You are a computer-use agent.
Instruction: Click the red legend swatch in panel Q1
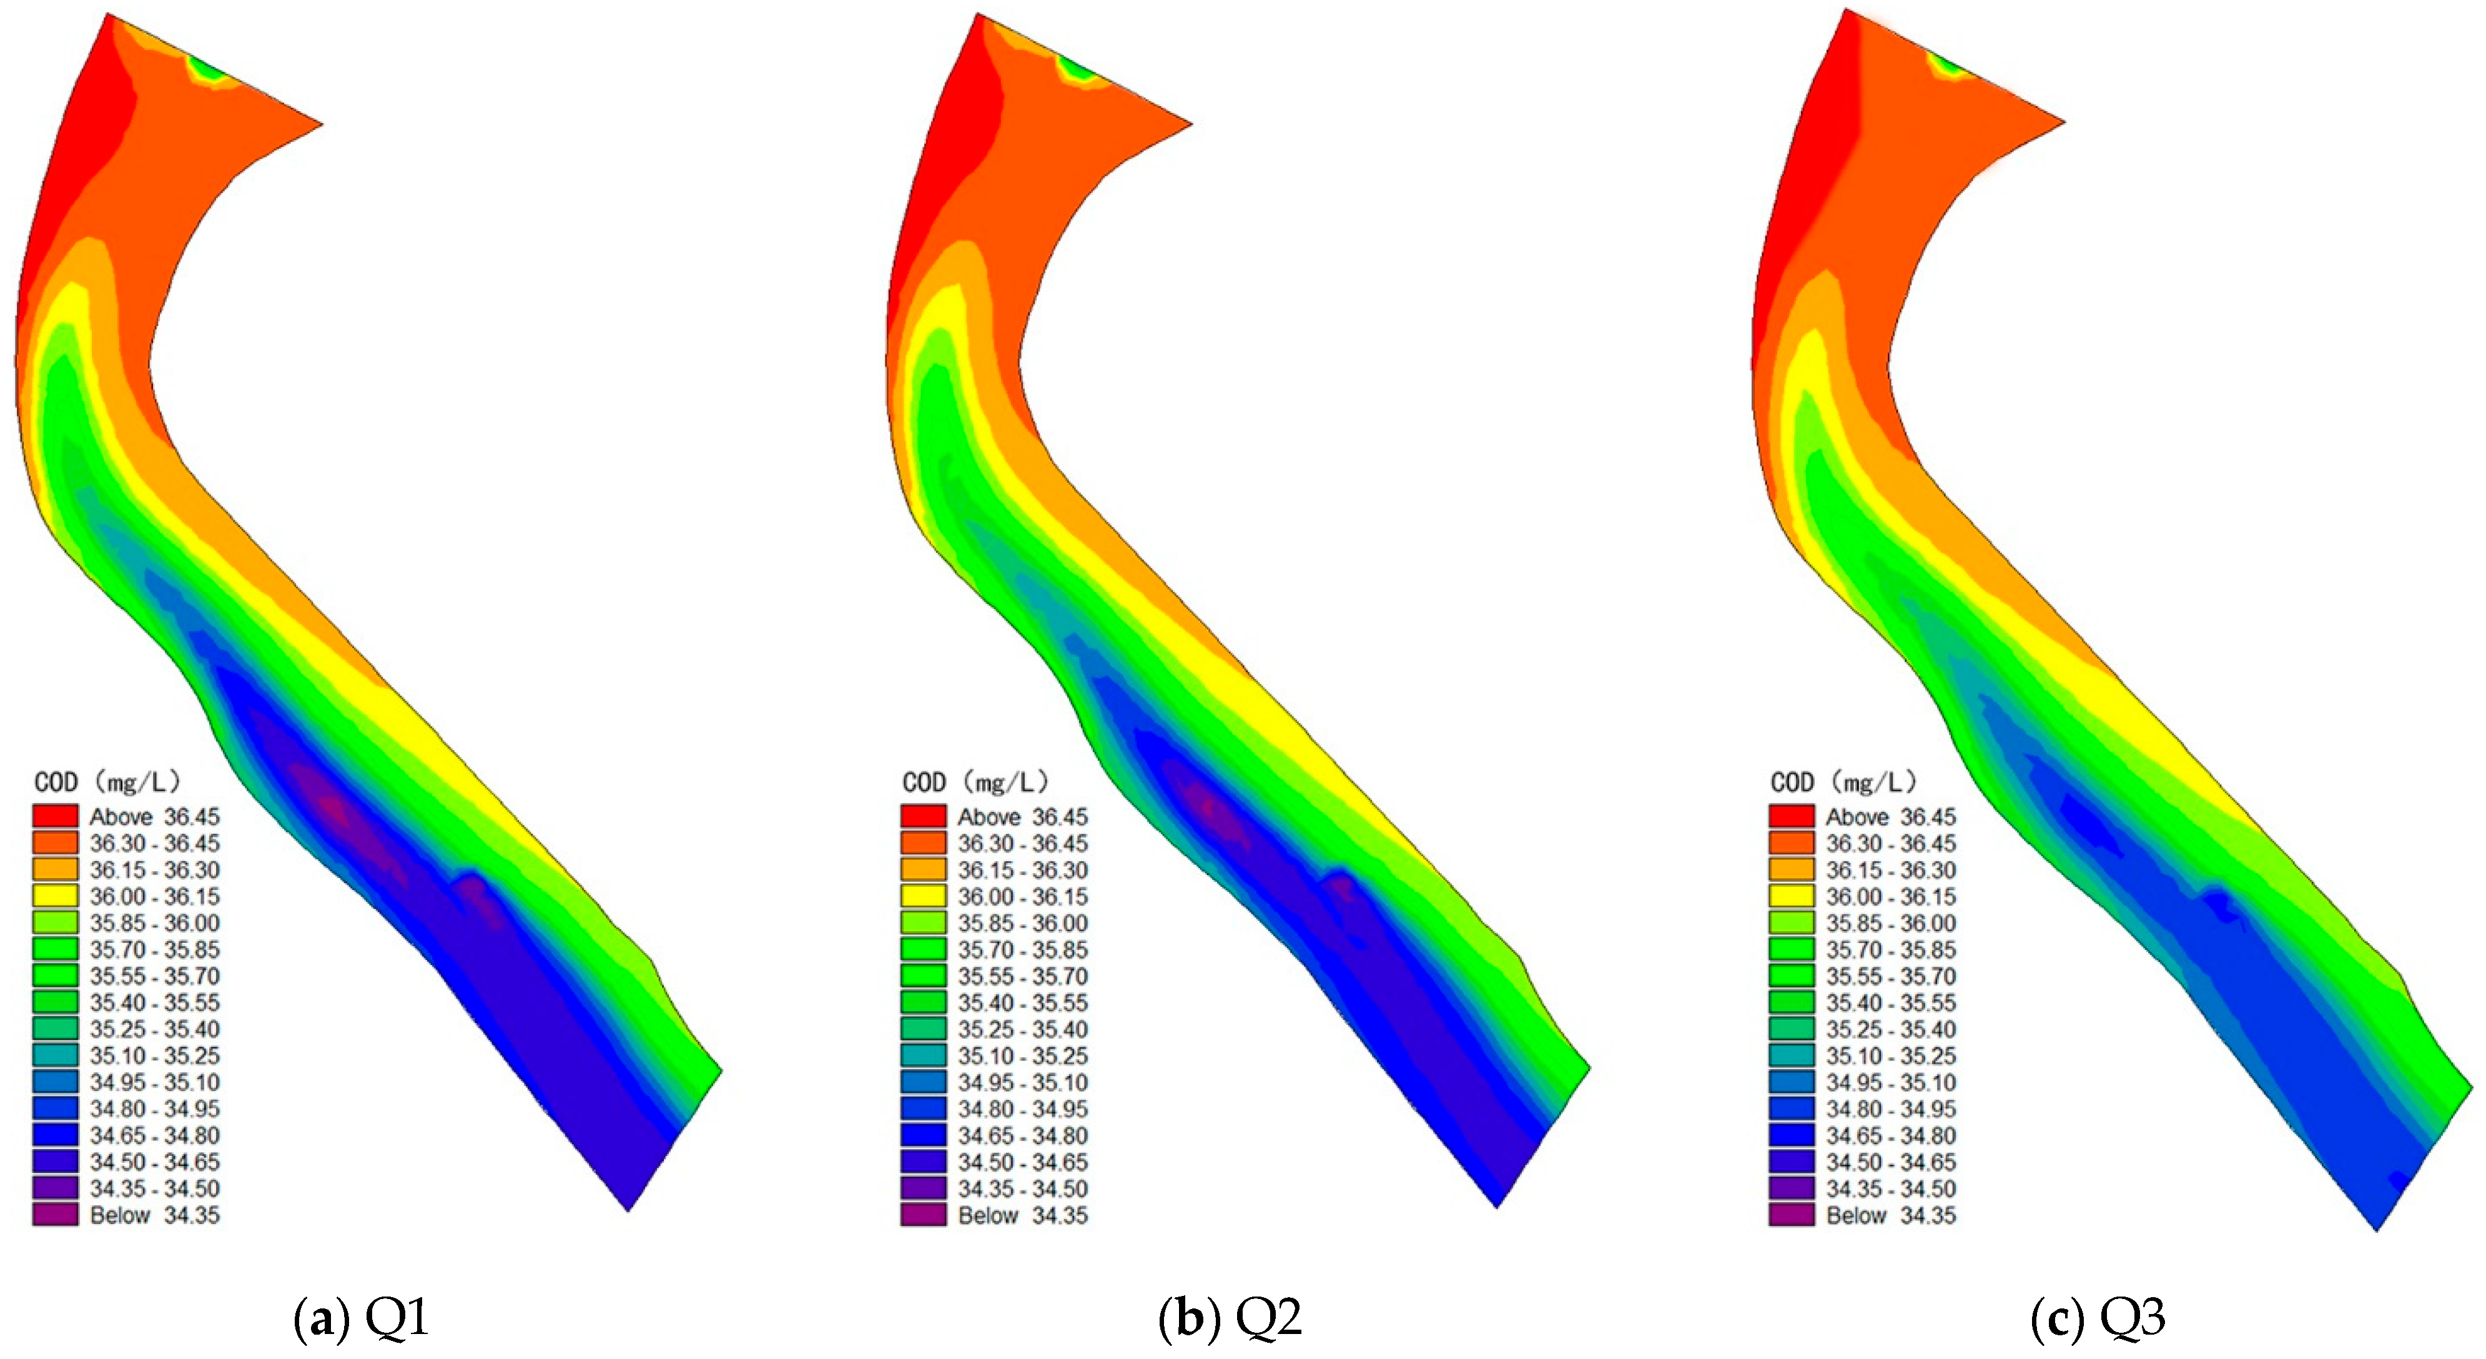pyautogui.click(x=55, y=816)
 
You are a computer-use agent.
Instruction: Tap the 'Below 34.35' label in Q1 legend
pyautogui.click(x=154, y=1215)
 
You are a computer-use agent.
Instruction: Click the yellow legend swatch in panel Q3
pyautogui.click(x=1791, y=896)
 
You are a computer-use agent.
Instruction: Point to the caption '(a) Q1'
pyautogui.click(x=361, y=1318)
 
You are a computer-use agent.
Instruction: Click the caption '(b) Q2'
pyautogui.click(x=1230, y=1318)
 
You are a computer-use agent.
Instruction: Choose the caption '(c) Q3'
pyautogui.click(x=2098, y=1318)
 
